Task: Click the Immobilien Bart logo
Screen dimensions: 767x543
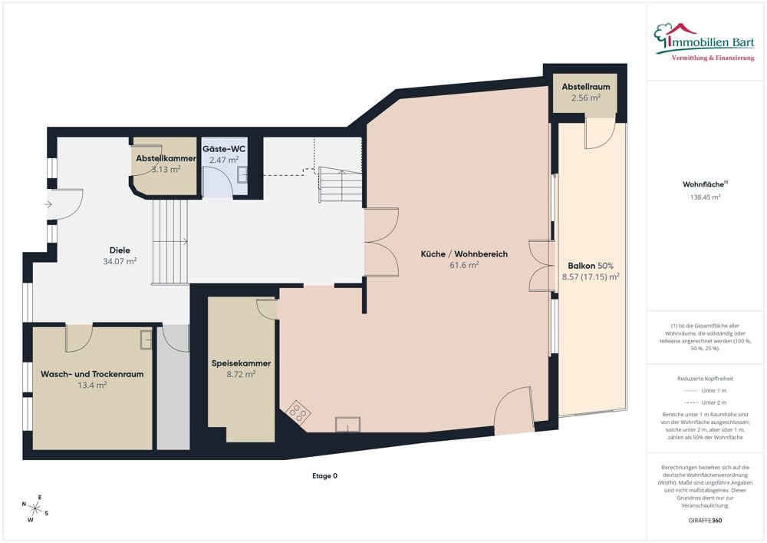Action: pyautogui.click(x=704, y=41)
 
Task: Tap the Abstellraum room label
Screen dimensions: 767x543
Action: pyautogui.click(x=585, y=87)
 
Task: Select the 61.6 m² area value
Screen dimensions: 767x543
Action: pyautogui.click(x=464, y=265)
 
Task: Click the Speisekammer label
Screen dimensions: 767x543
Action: pyautogui.click(x=241, y=363)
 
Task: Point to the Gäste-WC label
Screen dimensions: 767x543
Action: pyautogui.click(x=224, y=149)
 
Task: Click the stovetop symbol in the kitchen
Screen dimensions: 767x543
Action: pyautogui.click(x=298, y=412)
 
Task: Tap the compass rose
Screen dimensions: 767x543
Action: pyautogui.click(x=35, y=508)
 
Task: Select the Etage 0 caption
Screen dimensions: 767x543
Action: pyautogui.click(x=324, y=475)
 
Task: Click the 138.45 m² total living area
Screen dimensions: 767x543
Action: pyautogui.click(x=706, y=197)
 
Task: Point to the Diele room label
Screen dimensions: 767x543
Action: pyautogui.click(x=120, y=250)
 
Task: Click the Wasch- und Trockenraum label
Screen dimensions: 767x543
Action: pyautogui.click(x=92, y=374)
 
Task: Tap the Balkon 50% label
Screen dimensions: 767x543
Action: pyautogui.click(x=591, y=266)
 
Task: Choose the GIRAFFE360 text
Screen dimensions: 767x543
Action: pyautogui.click(x=705, y=521)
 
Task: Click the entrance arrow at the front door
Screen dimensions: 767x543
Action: pyautogui.click(x=48, y=204)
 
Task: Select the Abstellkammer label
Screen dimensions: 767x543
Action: pyautogui.click(x=166, y=158)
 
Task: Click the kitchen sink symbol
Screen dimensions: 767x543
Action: pyautogui.click(x=347, y=424)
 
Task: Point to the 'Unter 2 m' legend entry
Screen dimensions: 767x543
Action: pyautogui.click(x=705, y=402)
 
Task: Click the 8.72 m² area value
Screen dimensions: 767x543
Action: pyautogui.click(x=241, y=374)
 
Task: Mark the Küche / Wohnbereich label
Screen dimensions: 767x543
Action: pyautogui.click(x=464, y=253)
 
